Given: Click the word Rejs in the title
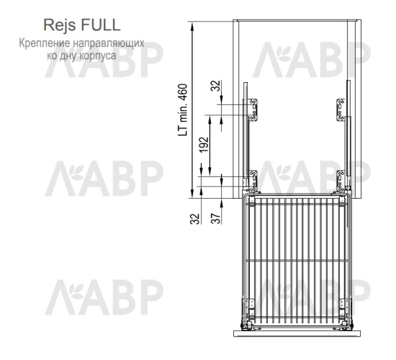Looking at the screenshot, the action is pos(60,25).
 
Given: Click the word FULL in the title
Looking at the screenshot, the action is pos(101,24).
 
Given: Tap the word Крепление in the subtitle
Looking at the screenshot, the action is pos(45,43).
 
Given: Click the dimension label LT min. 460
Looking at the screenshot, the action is pos(183,110).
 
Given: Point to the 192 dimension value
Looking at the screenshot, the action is pos(204,145).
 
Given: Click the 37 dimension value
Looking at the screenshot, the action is pos(216,219).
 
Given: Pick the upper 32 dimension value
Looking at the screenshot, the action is pos(216,86).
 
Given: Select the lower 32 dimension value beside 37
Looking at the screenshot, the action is pos(195,219).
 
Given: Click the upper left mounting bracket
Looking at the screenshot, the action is pos(253,110).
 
